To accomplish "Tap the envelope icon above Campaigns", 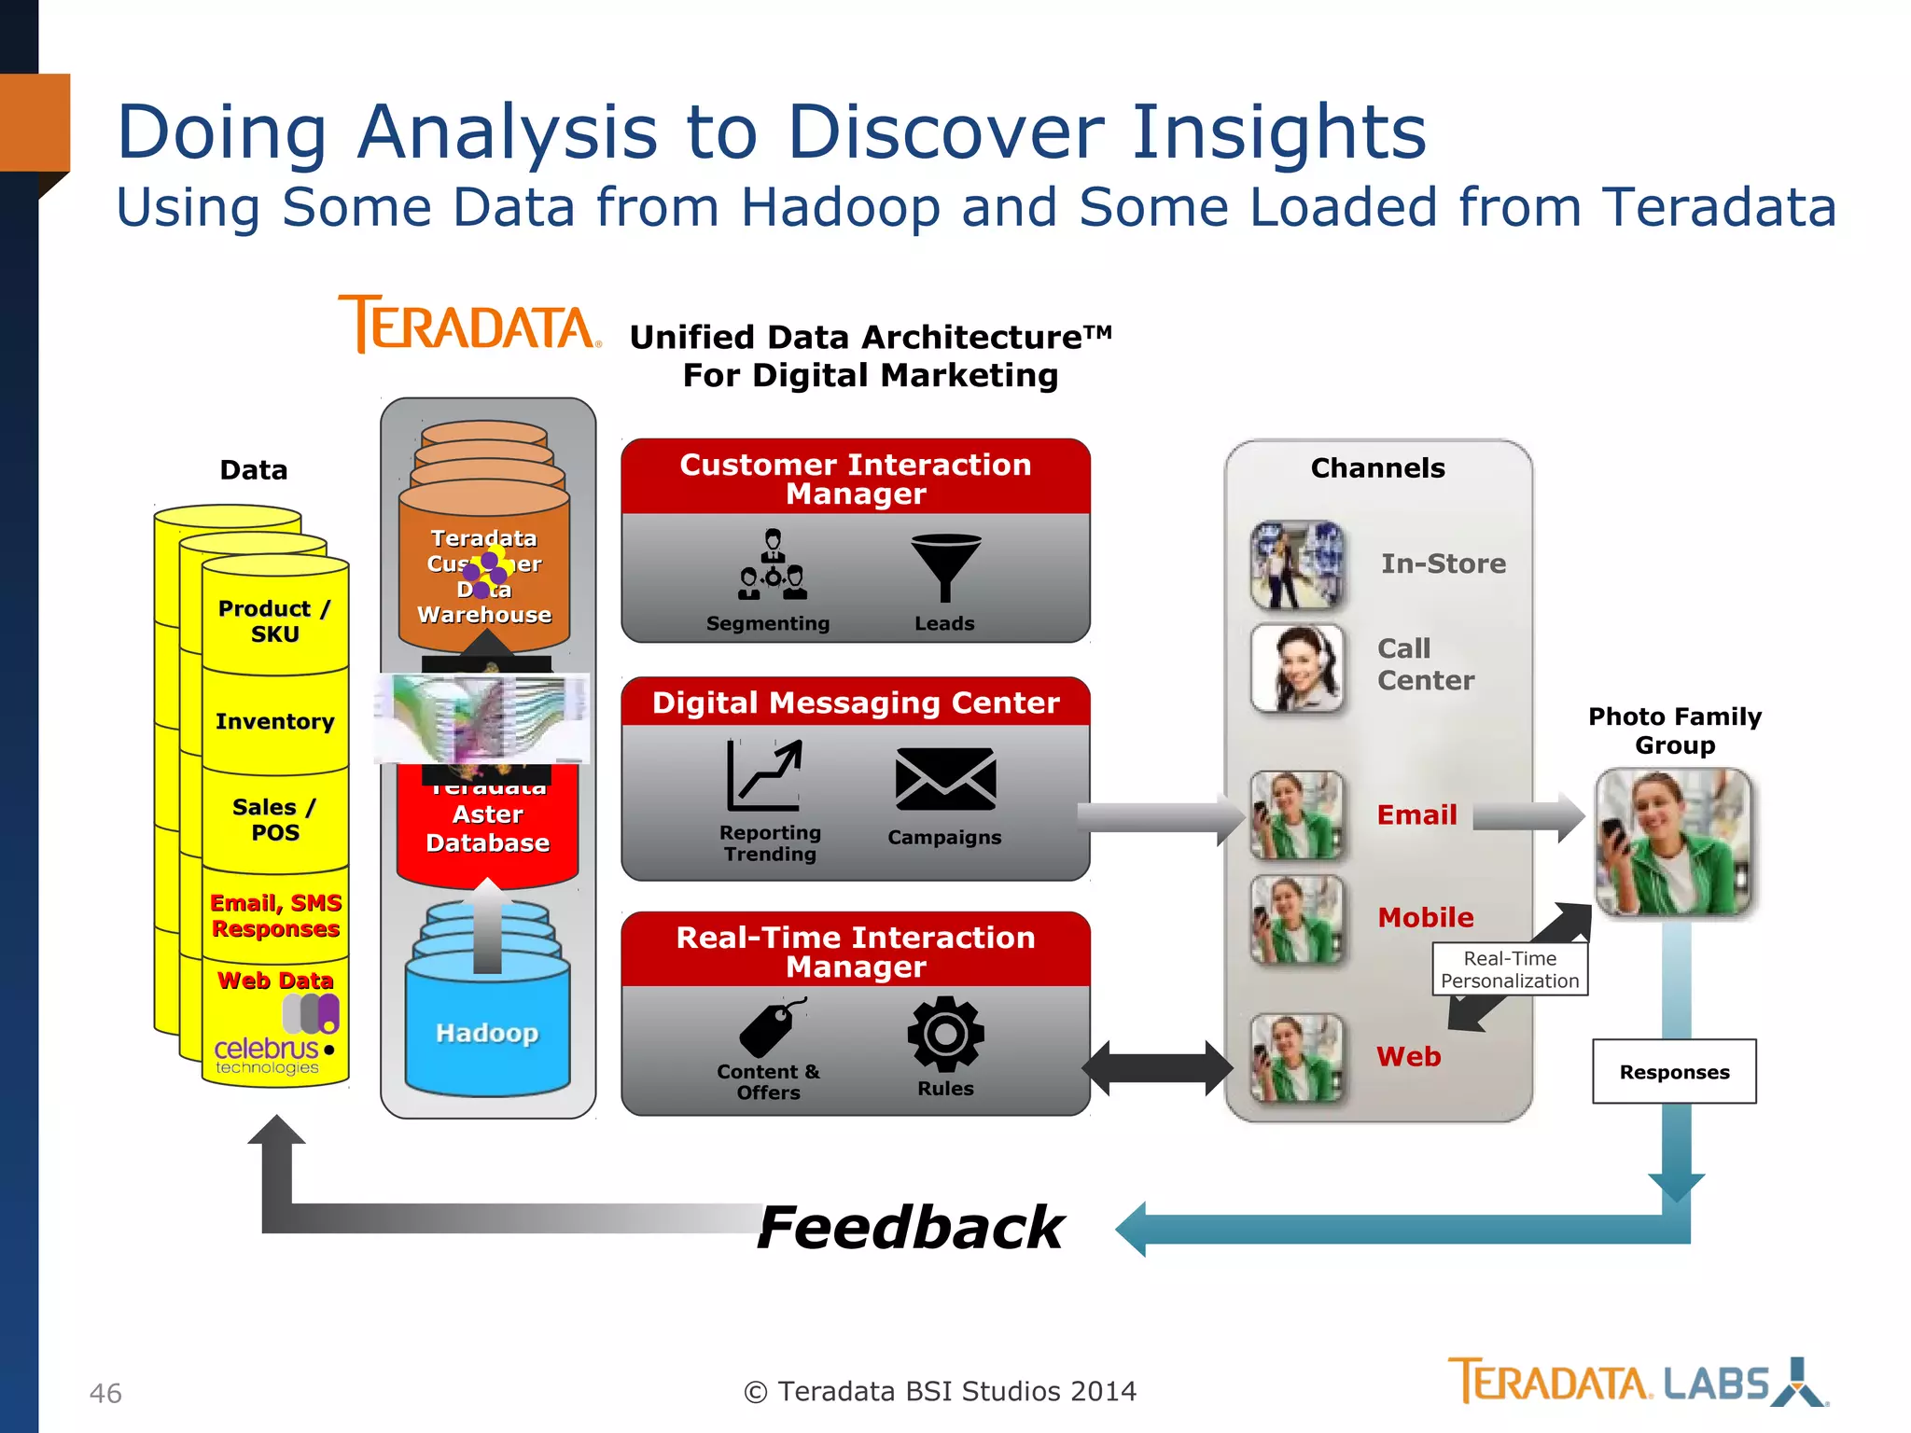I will click(x=945, y=779).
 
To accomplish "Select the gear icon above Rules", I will click(x=945, y=1034).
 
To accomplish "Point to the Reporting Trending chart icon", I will click(x=764, y=775).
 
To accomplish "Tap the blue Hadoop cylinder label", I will click(x=487, y=1033).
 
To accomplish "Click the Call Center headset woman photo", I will click(x=1298, y=668).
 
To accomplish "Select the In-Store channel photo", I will click(x=1298, y=564).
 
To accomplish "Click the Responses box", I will click(x=1674, y=1072).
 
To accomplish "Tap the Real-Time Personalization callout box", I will click(x=1510, y=969).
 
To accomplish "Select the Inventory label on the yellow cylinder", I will click(x=274, y=721).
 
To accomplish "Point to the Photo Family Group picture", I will click(x=1674, y=842).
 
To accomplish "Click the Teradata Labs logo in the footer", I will click(x=1638, y=1383).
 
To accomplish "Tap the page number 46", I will click(x=105, y=1393).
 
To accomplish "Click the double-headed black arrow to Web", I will click(x=1157, y=1068).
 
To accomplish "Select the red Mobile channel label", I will click(x=1426, y=917).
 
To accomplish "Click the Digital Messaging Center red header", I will click(x=856, y=703).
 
